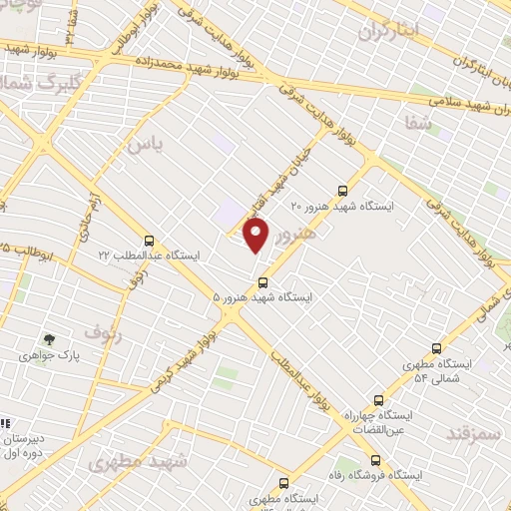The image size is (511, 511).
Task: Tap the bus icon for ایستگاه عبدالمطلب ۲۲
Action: point(150,240)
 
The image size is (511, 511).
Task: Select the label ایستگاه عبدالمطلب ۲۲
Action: point(149,256)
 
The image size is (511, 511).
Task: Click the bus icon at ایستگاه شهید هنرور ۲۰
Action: point(343,189)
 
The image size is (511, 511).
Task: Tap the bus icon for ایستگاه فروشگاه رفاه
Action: point(376,460)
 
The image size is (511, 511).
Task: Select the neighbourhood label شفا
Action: point(420,123)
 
